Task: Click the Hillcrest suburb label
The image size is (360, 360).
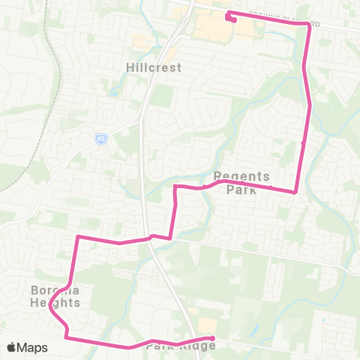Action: point(153,67)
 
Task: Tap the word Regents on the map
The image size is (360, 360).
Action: point(241,177)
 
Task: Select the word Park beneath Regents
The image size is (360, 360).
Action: point(241,190)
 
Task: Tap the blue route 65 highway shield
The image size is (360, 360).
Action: point(100,138)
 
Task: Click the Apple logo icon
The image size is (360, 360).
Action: point(12,348)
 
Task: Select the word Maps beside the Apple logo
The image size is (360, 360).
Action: point(34,348)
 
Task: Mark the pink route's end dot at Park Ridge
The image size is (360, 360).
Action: point(213,338)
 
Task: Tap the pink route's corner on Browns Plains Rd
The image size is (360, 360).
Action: point(307,24)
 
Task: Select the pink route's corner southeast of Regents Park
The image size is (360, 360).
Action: point(295,192)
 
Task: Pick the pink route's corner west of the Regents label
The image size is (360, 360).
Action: point(175,186)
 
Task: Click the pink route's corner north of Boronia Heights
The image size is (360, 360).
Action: point(77,238)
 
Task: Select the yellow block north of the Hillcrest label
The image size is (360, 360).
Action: point(142,41)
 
